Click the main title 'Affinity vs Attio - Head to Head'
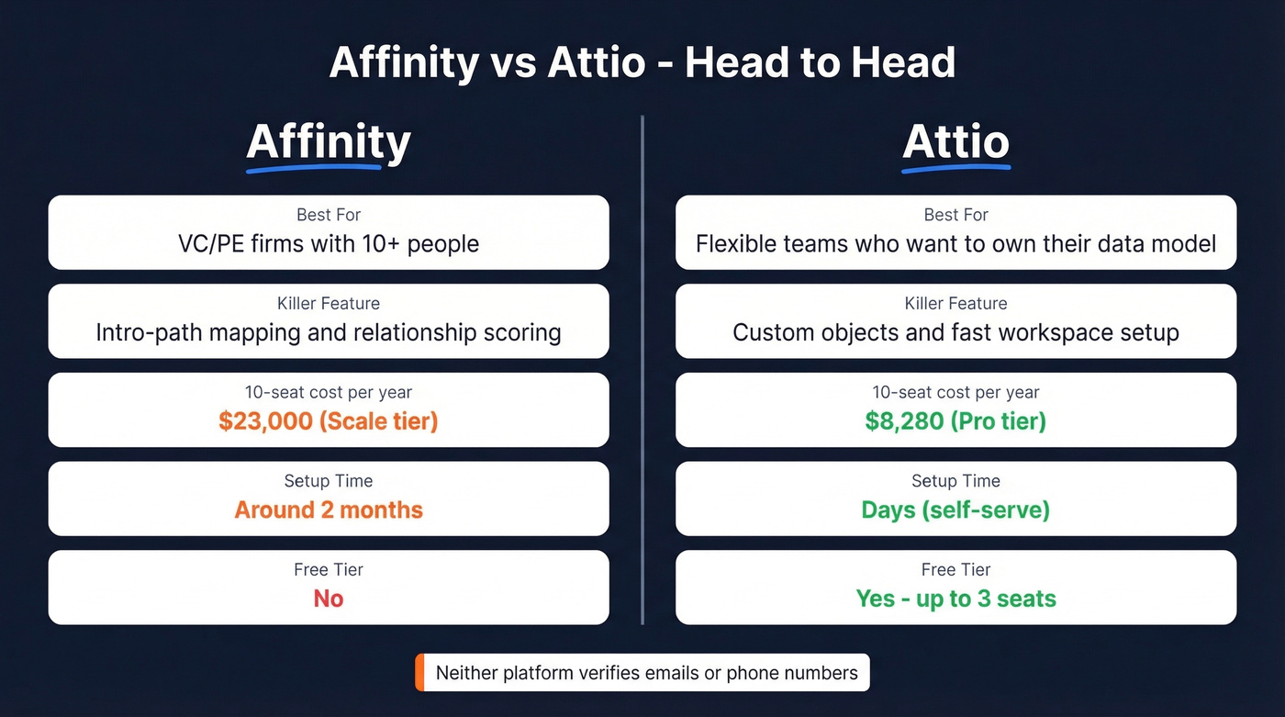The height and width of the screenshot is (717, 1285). [x=642, y=62]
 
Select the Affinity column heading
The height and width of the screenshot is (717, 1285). [x=329, y=141]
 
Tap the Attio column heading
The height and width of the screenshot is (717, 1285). [x=955, y=141]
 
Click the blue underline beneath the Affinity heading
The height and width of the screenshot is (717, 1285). [x=314, y=169]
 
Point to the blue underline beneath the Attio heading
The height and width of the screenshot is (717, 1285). [x=955, y=169]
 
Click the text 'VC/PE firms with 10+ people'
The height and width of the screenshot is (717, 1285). [x=329, y=244]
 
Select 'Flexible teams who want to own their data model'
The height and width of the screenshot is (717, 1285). [x=955, y=244]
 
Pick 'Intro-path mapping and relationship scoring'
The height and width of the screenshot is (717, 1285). [x=329, y=332]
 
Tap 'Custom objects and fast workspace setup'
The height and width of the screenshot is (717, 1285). [x=955, y=332]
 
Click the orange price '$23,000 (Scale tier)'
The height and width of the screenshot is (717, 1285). [x=329, y=421]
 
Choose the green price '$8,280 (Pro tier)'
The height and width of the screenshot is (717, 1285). [x=955, y=421]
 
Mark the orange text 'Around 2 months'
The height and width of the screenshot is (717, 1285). [x=329, y=510]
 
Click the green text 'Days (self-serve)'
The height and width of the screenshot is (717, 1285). [x=955, y=510]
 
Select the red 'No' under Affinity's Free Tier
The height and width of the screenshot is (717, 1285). [x=329, y=599]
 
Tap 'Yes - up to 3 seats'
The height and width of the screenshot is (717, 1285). [x=955, y=599]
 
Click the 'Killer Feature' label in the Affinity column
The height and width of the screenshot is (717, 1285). [x=329, y=304]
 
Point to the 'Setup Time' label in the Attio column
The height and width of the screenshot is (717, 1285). [x=955, y=481]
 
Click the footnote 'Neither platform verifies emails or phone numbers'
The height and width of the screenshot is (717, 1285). [x=646, y=673]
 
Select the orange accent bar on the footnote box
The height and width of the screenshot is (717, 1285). [x=419, y=673]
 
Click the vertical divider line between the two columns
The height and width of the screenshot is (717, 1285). [x=642, y=367]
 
